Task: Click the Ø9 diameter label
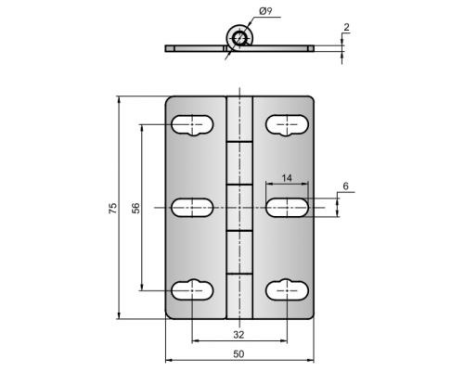pos(265,11)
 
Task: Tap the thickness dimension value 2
pos(346,27)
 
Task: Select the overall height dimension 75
pos(113,208)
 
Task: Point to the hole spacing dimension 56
pos(135,208)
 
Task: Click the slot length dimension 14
pos(287,178)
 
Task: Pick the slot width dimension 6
pos(345,186)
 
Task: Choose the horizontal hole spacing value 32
pos(238,335)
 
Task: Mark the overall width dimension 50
pos(238,354)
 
